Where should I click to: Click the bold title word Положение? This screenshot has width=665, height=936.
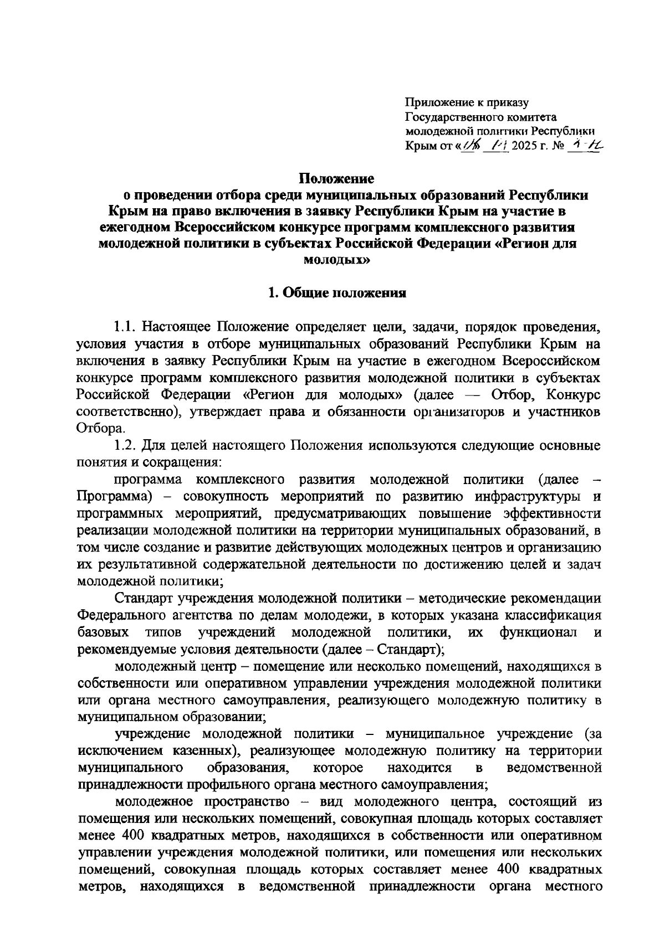click(x=337, y=179)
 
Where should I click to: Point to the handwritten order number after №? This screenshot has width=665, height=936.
click(x=589, y=145)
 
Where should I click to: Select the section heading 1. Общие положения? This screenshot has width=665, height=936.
click(x=337, y=294)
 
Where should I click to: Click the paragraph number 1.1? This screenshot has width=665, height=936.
click(x=126, y=325)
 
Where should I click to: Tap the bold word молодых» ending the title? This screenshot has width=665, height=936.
click(x=337, y=260)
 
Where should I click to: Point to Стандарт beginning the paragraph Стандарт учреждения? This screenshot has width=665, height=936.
click(x=145, y=599)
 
